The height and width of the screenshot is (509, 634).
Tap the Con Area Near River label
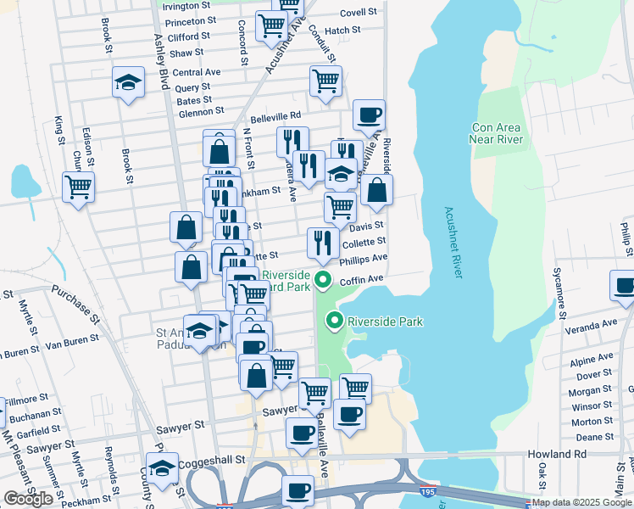497,133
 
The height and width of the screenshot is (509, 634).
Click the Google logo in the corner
28,499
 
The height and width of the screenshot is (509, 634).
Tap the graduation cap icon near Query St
128,82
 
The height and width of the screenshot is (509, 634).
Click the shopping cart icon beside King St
79,186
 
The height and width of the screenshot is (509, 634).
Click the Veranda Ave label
593,324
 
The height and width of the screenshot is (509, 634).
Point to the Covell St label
358,13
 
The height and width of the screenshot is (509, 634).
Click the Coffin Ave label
363,279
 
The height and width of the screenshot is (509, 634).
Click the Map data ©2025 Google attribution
581,502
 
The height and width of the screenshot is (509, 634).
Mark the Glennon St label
201,110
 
